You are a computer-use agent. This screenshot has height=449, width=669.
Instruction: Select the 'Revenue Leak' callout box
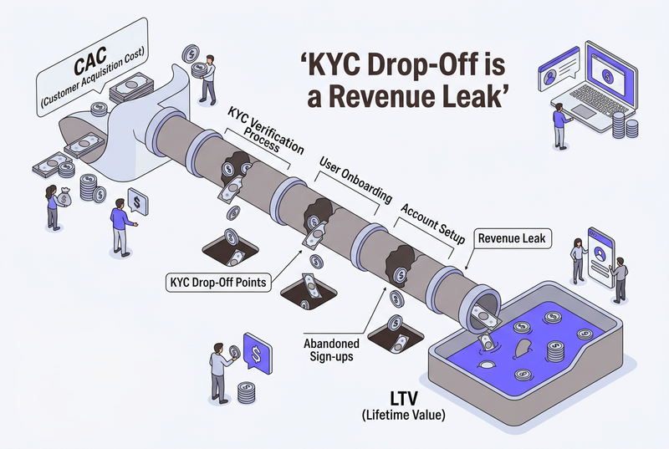(x=510, y=239)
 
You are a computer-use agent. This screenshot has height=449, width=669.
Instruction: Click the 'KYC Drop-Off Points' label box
(x=217, y=283)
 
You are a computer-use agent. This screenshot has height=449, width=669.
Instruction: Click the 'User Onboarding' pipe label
(x=355, y=180)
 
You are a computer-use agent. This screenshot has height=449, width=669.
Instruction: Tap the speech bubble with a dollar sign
(x=136, y=202)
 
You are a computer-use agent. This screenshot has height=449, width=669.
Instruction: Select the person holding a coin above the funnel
(x=206, y=76)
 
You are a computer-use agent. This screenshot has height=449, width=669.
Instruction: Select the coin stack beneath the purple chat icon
(x=247, y=391)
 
